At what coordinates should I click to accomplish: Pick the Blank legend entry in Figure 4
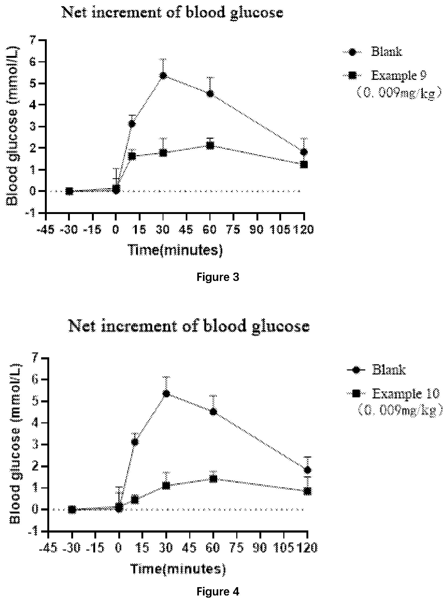coord(376,370)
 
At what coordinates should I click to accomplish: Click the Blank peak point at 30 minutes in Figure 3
coord(163,76)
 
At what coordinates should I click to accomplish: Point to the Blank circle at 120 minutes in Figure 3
coord(304,152)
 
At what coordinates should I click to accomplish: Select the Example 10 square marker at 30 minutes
coord(166,486)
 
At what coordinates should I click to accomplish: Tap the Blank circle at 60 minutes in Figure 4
coord(213,412)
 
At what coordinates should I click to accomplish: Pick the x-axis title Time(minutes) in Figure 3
coord(175,250)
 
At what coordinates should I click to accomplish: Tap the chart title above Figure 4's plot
coord(189,326)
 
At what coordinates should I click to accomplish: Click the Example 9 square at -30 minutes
coord(69,191)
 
